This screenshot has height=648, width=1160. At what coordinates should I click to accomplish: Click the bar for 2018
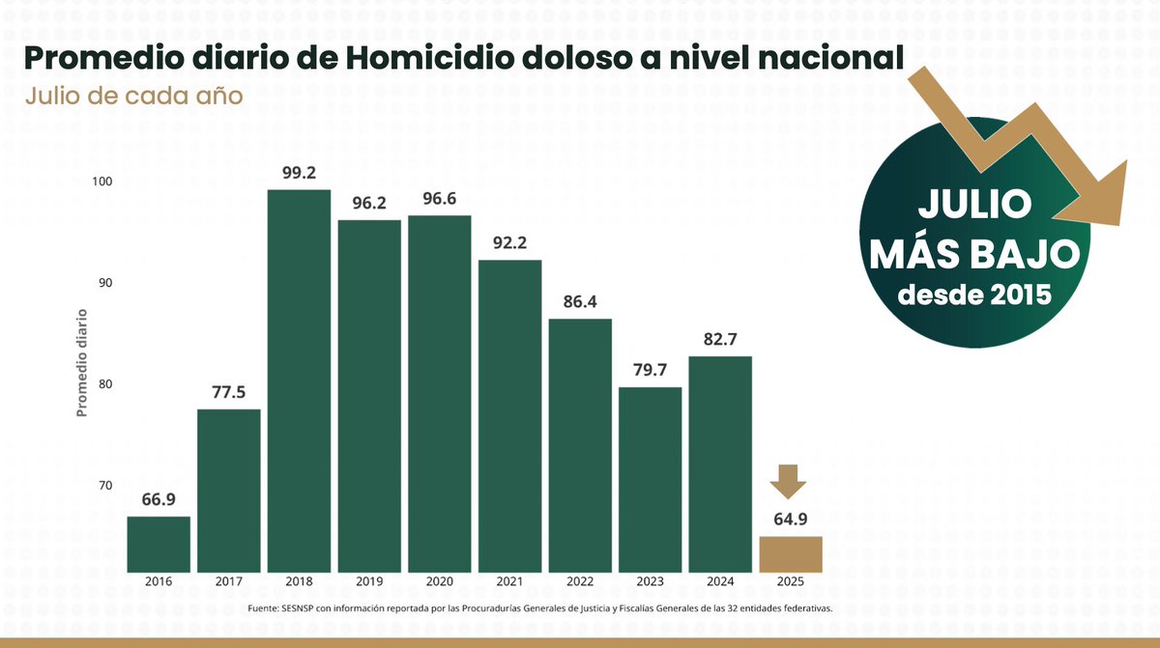pyautogui.click(x=299, y=380)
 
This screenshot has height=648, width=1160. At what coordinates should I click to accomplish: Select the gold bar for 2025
pyautogui.click(x=791, y=553)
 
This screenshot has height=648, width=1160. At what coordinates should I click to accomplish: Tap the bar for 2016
pyautogui.click(x=159, y=543)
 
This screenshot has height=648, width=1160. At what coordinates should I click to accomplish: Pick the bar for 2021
pyautogui.click(x=509, y=415)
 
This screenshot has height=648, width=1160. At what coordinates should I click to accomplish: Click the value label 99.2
pyautogui.click(x=299, y=174)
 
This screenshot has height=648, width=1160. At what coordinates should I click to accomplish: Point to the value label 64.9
pyautogui.click(x=791, y=519)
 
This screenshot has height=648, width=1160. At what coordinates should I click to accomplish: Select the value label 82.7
pyautogui.click(x=720, y=339)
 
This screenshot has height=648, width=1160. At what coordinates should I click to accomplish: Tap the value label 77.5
pyautogui.click(x=228, y=392)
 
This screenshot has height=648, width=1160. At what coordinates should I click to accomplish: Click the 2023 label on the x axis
pyautogui.click(x=650, y=581)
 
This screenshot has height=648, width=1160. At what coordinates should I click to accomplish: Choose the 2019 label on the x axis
pyautogui.click(x=369, y=581)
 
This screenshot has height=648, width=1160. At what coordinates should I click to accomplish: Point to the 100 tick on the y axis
pyautogui.click(x=102, y=182)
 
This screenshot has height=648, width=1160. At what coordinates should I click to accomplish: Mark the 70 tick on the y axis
pyautogui.click(x=104, y=486)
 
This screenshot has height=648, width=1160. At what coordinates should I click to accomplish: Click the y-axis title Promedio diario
pyautogui.click(x=82, y=362)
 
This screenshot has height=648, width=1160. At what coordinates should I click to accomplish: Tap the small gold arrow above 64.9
pyautogui.click(x=790, y=480)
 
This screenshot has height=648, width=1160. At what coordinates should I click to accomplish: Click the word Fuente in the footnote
pyautogui.click(x=262, y=608)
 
